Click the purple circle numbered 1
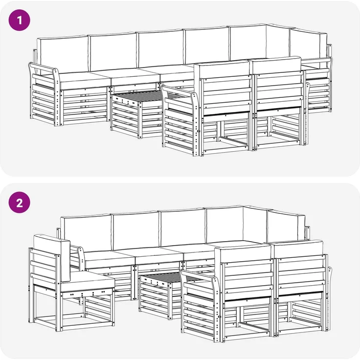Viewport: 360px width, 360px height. [x=19, y=20]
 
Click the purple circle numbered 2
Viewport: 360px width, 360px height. [x=19, y=202]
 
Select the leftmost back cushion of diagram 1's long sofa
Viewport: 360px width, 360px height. [x=63, y=55]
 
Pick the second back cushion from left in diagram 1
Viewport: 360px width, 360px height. [x=113, y=52]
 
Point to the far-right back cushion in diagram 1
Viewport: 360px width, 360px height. [x=308, y=49]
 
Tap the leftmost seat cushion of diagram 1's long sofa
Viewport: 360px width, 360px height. [x=84, y=80]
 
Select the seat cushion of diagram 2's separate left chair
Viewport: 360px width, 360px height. [x=87, y=281]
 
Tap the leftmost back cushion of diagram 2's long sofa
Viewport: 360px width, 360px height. [x=86, y=234]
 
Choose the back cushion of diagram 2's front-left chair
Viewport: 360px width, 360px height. [x=243, y=253]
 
